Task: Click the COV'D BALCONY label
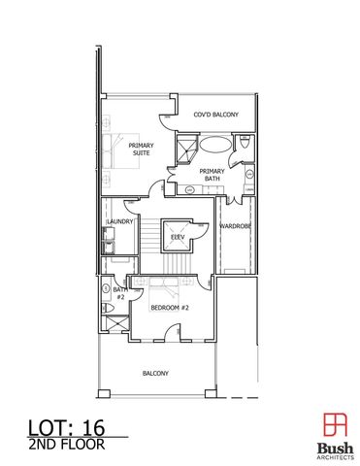(214, 115)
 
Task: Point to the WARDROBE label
(236, 226)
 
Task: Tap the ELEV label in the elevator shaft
(178, 236)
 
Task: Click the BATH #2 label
(120, 292)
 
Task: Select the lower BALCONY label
(156, 373)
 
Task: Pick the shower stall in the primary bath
(184, 149)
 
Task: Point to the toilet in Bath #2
(107, 309)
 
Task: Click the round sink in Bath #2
(106, 289)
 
